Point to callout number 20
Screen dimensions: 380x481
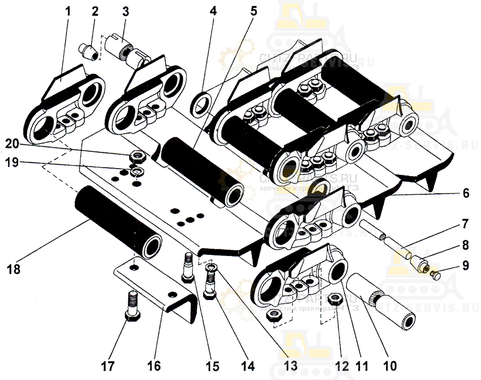click(13, 143)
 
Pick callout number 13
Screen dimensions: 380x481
click(291, 365)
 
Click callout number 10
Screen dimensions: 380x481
click(390, 365)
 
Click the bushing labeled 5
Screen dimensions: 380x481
click(202, 170)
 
